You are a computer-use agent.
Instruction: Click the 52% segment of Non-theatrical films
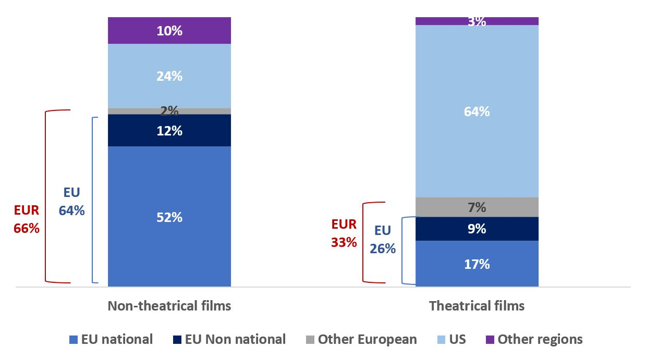(169, 217)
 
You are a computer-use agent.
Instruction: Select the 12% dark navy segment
(169, 130)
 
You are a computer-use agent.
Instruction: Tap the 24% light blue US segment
(169, 76)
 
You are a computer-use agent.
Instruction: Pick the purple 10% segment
(169, 31)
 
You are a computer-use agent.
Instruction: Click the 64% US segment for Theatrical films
(477, 111)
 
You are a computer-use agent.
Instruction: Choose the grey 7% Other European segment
(477, 207)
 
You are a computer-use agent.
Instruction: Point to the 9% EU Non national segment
(477, 229)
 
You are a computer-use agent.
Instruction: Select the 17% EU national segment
(477, 264)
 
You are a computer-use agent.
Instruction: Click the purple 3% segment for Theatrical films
(477, 21)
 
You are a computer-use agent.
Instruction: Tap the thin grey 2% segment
(169, 111)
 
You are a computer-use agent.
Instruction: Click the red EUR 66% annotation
(27, 219)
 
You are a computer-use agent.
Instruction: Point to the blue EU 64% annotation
(72, 201)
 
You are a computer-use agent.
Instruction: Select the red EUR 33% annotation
(344, 233)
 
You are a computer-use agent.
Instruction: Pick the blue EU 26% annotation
(383, 240)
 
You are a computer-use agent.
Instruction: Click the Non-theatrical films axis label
(169, 306)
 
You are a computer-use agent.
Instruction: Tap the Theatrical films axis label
(477, 306)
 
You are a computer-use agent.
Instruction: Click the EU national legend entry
(111, 340)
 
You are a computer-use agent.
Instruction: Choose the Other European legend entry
(361, 340)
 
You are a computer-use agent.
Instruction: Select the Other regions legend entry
(534, 340)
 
